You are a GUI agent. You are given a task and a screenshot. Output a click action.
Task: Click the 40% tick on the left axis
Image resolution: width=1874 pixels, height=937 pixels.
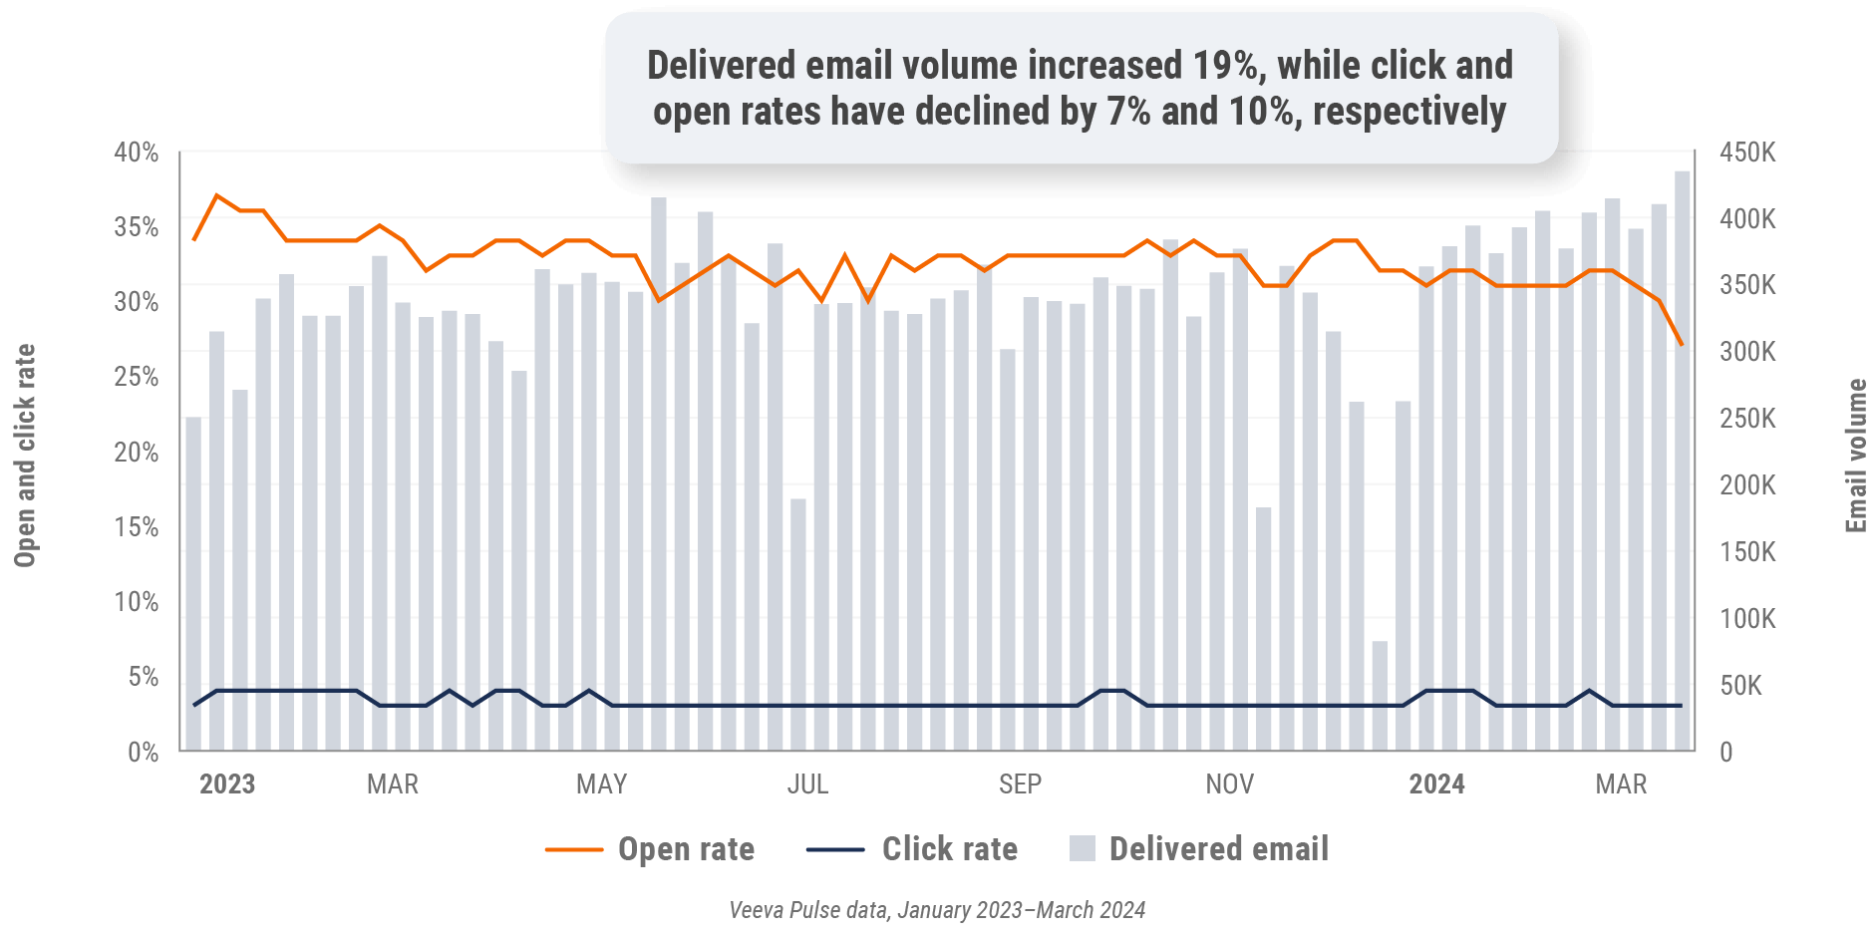point(136,153)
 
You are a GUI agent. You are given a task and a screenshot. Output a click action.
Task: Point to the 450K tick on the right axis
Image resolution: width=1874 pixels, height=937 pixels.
point(1747,153)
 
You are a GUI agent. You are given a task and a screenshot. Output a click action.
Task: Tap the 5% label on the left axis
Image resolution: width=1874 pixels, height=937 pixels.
point(143,677)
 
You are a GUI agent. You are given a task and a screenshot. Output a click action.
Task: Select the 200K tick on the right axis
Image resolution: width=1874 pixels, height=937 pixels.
point(1747,485)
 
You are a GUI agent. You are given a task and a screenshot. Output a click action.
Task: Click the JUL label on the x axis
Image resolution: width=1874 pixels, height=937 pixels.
point(807,784)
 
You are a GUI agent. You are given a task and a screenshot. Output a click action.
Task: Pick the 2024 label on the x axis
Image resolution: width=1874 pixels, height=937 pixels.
point(1436,784)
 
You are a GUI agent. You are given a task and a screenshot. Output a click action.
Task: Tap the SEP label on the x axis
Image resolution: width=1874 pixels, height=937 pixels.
point(1020,784)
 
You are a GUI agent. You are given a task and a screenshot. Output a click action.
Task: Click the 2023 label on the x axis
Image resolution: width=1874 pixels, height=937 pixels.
point(227,784)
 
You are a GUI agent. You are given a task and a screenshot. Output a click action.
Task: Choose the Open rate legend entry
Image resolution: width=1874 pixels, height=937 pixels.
point(686,849)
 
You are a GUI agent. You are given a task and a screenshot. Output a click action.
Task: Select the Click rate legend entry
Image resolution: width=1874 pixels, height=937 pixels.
point(949,849)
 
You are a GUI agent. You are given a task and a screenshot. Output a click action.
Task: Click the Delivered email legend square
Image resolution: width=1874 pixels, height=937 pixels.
point(1082,849)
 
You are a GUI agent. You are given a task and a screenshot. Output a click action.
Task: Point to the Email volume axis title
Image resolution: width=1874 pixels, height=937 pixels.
point(1855,456)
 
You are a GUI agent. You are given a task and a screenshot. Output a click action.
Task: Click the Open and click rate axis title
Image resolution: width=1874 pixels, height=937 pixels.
point(25,456)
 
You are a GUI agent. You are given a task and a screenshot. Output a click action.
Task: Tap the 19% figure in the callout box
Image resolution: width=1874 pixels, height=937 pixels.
point(1226,66)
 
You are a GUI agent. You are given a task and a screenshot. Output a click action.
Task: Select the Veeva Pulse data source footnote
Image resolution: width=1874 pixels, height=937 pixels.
point(937,910)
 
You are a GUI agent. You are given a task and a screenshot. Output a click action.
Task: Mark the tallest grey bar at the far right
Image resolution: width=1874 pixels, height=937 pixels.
point(1682,459)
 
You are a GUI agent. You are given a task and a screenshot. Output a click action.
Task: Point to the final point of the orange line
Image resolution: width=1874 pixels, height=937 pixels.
point(1682,345)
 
